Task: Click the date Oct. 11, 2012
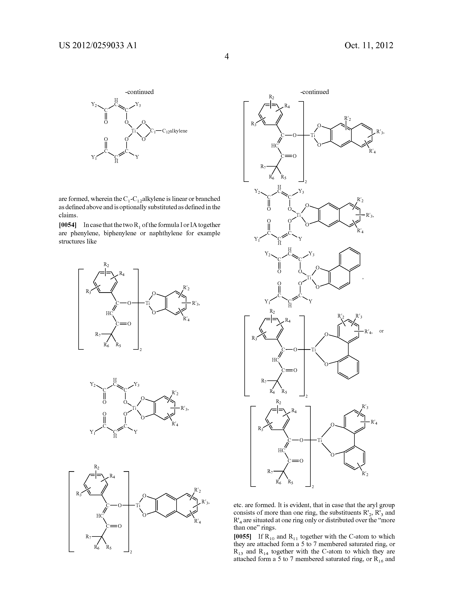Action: tap(369, 45)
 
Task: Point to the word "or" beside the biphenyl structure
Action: tap(381, 331)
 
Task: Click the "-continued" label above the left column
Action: tap(139, 92)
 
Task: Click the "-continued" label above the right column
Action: tap(314, 92)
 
